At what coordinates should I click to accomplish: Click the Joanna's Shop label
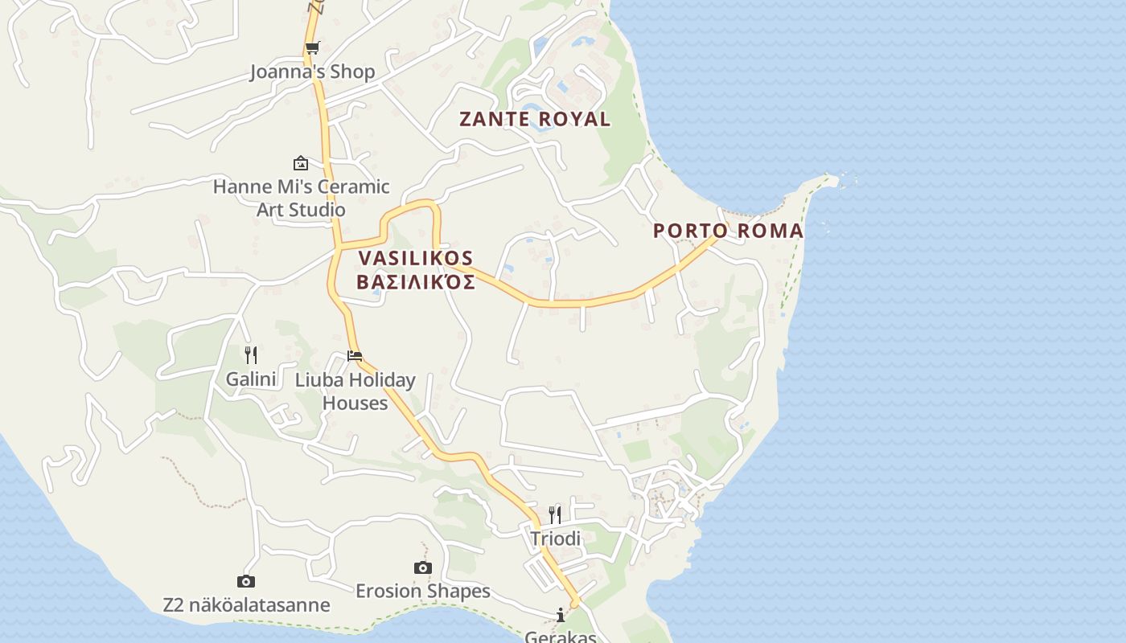click(312, 72)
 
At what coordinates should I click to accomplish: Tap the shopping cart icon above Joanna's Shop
click(312, 47)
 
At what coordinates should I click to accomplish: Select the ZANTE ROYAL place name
click(535, 119)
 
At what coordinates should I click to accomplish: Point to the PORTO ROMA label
click(728, 231)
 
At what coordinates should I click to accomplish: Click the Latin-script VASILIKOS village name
click(416, 259)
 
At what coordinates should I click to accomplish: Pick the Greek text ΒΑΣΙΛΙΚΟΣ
click(416, 282)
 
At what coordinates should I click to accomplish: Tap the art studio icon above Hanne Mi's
click(301, 163)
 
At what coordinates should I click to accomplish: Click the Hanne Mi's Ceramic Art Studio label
click(301, 198)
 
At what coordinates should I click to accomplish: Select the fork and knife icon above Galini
click(251, 354)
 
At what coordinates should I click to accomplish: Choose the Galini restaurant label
click(251, 379)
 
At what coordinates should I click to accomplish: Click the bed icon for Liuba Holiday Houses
click(355, 355)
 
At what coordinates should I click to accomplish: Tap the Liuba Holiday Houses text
click(355, 391)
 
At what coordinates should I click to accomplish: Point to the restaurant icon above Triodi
click(555, 514)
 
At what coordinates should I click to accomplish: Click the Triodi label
click(555, 539)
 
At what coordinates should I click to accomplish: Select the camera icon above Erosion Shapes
click(423, 568)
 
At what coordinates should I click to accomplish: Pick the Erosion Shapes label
click(423, 591)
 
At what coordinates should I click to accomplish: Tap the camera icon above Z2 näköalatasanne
click(246, 581)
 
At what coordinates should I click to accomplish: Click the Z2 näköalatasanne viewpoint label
click(246, 604)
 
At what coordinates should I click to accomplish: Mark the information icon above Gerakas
click(561, 616)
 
